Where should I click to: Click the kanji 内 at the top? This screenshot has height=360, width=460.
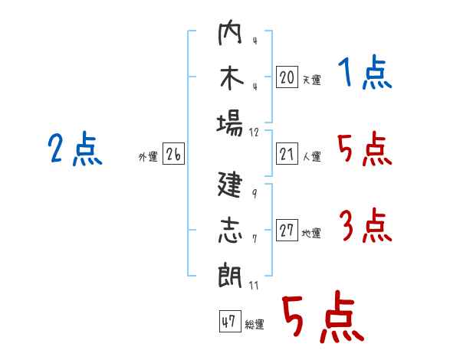[x=230, y=32]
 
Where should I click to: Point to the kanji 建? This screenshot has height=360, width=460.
[x=230, y=184]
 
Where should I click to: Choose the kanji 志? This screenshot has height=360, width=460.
[x=231, y=230]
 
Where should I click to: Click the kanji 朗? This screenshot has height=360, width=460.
[x=230, y=275]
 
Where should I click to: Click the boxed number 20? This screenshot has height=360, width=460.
[x=287, y=77]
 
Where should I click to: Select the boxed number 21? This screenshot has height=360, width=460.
[x=287, y=154]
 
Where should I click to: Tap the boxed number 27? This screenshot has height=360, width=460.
[x=287, y=230]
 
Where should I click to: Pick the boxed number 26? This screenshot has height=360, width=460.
[x=173, y=154]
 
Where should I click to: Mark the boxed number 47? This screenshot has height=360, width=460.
[x=230, y=321]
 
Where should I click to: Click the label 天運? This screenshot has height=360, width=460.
[x=312, y=80]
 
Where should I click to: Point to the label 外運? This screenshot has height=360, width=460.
[x=148, y=156]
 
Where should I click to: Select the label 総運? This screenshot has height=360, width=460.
[x=255, y=325]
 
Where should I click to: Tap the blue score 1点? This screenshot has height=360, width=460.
[x=365, y=73]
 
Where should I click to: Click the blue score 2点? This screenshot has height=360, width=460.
[x=75, y=149]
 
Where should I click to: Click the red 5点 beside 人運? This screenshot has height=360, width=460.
[x=365, y=149]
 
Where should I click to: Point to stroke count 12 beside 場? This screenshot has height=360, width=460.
[x=254, y=133]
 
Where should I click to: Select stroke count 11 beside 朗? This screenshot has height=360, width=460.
[x=254, y=285]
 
